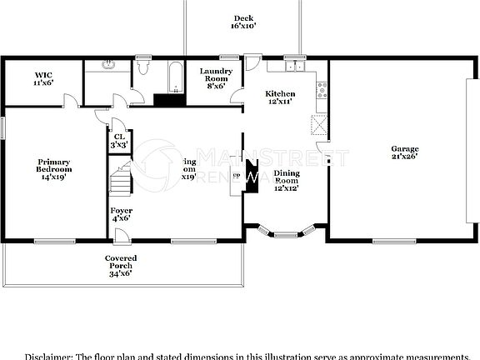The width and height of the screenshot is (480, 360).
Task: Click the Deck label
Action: tap(242, 22)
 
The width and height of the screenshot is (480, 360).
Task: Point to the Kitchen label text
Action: tap(279, 97)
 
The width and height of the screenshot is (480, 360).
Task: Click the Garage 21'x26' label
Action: tap(404, 152)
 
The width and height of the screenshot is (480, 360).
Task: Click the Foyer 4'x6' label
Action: tap(121, 214)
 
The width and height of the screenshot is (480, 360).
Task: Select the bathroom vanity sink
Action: tap(107, 65)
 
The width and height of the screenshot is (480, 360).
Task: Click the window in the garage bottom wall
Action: tap(395, 242)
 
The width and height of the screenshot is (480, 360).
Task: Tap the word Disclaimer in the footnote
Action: tap(47, 356)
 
